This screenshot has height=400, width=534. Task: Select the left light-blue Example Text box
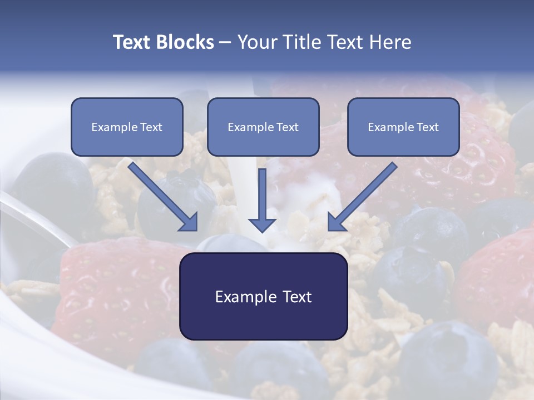[x=127, y=127]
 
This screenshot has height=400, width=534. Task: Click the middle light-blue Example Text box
[x=263, y=127]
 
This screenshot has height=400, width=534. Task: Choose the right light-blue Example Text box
[x=403, y=127]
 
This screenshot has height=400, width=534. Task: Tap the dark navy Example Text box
[x=263, y=296]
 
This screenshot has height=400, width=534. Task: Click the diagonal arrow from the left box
[x=165, y=198]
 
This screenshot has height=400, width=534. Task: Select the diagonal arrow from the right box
[x=362, y=198]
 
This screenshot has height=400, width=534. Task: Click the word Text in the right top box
[x=427, y=127]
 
